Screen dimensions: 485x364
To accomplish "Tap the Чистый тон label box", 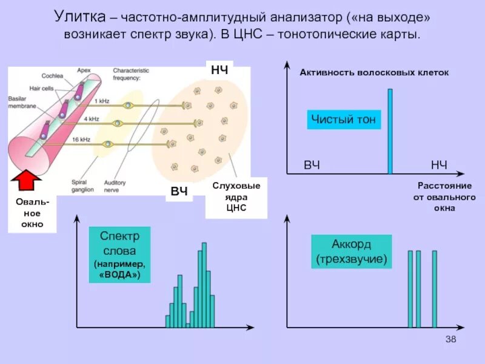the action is pos(344,120).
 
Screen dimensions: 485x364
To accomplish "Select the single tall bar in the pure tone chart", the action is pos(390,131).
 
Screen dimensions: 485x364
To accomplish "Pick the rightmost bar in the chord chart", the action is pos(434,289).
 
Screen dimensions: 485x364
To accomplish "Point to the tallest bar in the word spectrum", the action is pos(204,285).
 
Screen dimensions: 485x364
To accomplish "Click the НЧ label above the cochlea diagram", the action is pos(219,70).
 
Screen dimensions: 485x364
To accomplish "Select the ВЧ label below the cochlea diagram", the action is pos(178,192).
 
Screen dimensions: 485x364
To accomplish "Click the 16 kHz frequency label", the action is pos(81,139).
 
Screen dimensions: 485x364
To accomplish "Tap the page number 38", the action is pos(450,339).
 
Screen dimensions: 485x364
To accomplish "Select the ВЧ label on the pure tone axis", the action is pos(312,165).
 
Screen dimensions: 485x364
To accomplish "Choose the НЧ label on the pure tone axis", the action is pos(439,165).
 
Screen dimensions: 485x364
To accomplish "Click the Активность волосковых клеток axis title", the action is pos(374,72).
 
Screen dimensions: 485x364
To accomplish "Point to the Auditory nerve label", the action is pos(115,185).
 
